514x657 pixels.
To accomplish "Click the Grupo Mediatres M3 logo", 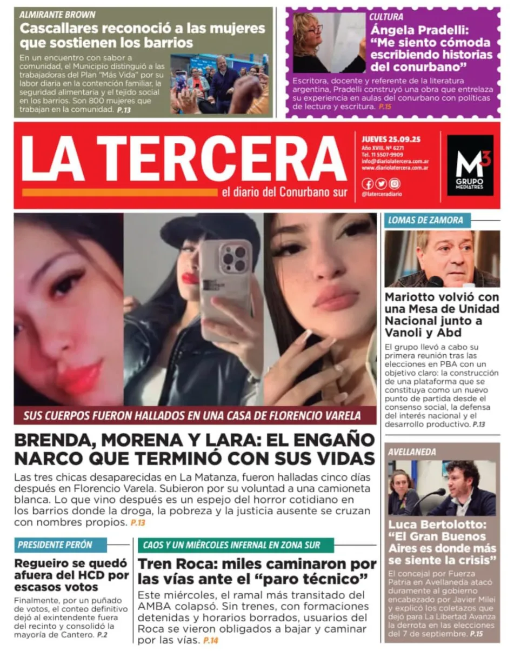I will [x=470, y=164].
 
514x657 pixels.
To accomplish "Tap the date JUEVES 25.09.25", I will [x=391, y=139].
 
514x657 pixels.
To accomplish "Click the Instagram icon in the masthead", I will [x=395, y=183].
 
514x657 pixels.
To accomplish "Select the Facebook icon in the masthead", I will [x=368, y=183].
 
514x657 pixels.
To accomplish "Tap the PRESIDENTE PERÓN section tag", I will [x=55, y=545].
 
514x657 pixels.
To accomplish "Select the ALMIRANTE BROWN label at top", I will [x=57, y=15].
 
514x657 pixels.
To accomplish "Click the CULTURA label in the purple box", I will [x=386, y=17].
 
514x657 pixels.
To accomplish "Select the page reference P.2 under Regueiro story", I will [x=102, y=634].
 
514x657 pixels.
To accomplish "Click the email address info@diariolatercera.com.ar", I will [x=395, y=161].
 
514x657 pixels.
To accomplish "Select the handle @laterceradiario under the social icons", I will [x=383, y=194].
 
